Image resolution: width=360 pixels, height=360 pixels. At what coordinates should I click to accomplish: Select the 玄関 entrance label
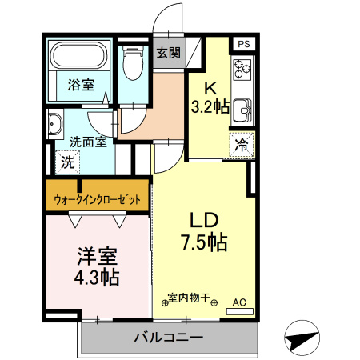click(168, 53)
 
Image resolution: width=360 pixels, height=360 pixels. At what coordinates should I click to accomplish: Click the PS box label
click(243, 44)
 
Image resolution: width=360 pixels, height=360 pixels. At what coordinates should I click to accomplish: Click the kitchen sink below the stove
click(242, 110)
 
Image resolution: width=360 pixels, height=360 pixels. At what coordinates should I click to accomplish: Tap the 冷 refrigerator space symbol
click(241, 146)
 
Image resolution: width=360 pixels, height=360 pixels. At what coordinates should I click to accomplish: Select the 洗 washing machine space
click(67, 161)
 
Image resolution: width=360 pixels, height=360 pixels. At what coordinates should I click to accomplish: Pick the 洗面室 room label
click(88, 142)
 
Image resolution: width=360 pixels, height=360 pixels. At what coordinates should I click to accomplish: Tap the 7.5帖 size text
click(204, 241)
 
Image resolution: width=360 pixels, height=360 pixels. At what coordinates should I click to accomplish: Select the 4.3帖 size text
click(97, 278)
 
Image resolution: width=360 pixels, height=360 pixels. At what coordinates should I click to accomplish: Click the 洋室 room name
click(97, 257)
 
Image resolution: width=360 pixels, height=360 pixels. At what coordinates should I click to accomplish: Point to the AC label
click(238, 302)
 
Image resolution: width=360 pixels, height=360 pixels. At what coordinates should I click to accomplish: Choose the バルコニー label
click(168, 338)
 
